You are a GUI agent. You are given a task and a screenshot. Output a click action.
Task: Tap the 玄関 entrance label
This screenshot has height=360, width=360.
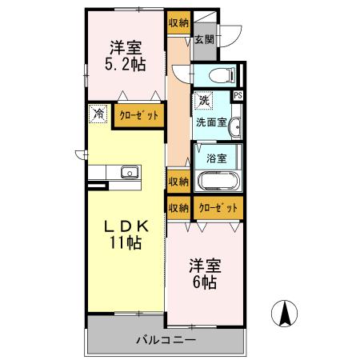(203, 39)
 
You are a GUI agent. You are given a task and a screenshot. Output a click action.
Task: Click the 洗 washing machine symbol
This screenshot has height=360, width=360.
(204, 102)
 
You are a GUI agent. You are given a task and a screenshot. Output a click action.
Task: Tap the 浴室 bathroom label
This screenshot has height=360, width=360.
(214, 158)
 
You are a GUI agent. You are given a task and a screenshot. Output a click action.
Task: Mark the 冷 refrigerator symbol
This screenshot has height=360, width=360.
(98, 114)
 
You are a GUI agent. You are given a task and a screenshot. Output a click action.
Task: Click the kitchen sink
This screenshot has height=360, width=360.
(128, 173)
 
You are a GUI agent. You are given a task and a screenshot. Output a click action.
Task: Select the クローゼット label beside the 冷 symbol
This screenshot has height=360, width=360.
(139, 116)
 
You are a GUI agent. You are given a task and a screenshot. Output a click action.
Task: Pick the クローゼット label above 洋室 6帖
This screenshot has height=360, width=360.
(218, 208)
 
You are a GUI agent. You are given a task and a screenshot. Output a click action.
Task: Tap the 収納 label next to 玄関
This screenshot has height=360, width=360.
(178, 23)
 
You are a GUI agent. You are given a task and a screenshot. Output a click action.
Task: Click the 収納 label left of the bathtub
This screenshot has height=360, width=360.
(178, 182)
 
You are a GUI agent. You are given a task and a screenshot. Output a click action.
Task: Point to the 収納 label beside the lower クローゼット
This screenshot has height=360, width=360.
(178, 208)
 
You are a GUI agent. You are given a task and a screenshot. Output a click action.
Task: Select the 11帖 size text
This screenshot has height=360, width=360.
(126, 243)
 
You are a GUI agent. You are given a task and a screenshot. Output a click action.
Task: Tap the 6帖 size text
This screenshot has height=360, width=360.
(206, 282)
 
